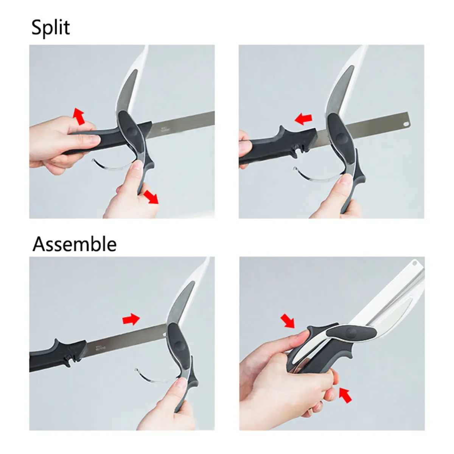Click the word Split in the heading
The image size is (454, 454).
[50, 28]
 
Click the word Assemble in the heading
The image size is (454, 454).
[75, 244]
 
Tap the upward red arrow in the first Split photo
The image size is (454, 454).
[79, 116]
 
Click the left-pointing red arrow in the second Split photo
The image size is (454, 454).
[303, 119]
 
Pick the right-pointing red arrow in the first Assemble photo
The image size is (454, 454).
[131, 319]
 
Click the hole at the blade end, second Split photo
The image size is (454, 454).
[406, 123]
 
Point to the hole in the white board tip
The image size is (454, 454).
[414, 263]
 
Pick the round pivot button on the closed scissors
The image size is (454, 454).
[351, 333]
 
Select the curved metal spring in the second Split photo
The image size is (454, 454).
[314, 177]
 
